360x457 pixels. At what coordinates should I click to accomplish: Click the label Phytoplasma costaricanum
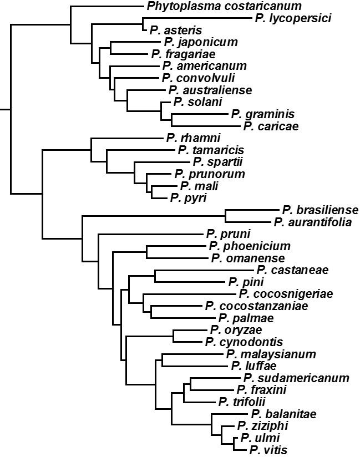(x=224, y=6)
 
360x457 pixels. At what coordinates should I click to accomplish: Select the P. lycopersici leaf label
(x=293, y=18)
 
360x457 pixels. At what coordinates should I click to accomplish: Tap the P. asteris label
(x=176, y=31)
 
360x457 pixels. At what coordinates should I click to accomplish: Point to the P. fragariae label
(x=184, y=54)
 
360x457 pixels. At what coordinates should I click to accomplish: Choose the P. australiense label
(x=210, y=90)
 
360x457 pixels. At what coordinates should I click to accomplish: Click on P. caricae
(x=271, y=126)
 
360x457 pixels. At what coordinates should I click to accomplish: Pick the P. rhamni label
(x=193, y=138)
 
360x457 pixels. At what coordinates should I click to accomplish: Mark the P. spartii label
(x=217, y=162)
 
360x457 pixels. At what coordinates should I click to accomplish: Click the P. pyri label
(x=188, y=198)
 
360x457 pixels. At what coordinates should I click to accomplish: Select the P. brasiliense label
(x=320, y=210)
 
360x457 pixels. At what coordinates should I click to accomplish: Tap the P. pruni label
(x=228, y=234)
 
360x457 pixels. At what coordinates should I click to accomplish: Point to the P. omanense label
(x=248, y=258)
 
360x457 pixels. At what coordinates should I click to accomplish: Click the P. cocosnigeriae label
(x=286, y=294)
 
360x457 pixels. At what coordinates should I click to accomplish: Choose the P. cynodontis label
(x=244, y=342)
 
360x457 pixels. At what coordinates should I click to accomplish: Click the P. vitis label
(x=268, y=450)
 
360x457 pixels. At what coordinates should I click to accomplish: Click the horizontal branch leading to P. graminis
(x=200, y=114)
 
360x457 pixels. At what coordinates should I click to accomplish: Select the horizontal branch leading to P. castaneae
(x=205, y=270)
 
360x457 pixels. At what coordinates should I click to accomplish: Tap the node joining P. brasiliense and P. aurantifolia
(x=225, y=216)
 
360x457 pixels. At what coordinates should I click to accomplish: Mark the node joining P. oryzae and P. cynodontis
(x=174, y=336)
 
